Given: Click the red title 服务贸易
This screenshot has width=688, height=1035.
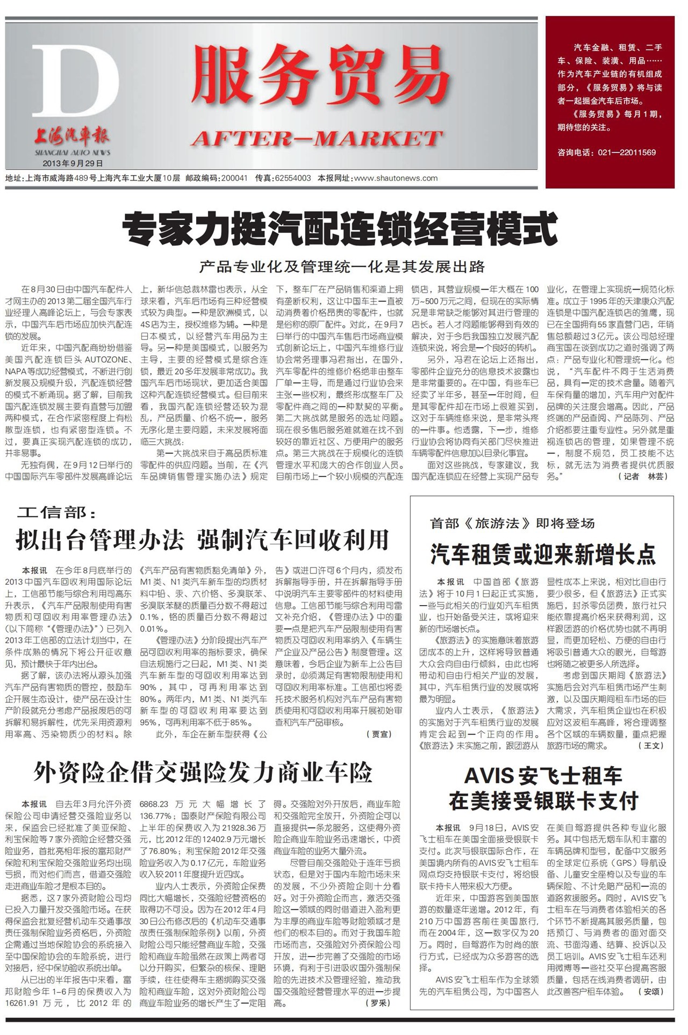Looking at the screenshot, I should click(320, 77).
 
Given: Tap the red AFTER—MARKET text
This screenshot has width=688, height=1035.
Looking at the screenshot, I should click(317, 139).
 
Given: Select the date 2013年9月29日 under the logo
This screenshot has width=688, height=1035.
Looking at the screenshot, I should click(73, 163).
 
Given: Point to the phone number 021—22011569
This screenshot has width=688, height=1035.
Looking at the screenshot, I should click(627, 153).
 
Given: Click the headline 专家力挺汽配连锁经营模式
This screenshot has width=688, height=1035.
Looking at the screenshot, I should click(340, 229).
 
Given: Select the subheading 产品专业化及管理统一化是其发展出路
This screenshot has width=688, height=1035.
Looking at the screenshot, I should click(342, 266).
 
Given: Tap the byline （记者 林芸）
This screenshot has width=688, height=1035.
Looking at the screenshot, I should click(645, 476).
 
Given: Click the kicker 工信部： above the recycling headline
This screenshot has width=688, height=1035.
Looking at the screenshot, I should click(57, 513).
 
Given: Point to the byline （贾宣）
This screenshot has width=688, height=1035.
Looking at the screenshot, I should click(379, 734).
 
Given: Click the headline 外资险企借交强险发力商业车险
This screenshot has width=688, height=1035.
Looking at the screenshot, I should click(203, 773).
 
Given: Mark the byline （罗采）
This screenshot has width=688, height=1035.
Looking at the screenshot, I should click(379, 1003).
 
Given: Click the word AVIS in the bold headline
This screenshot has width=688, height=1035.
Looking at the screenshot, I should click(489, 776).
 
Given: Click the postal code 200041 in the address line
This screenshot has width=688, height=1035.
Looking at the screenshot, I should click(234, 178).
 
